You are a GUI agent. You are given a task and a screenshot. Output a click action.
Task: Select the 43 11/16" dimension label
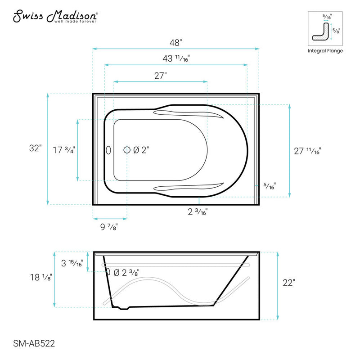click(175, 58)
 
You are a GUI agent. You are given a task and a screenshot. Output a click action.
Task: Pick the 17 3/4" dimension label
click(63, 149)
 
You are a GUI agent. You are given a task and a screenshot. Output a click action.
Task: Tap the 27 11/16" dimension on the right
click(308, 151)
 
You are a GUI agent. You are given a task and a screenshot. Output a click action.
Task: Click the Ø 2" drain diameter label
click(140, 150)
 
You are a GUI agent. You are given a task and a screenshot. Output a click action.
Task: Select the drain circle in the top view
click(127, 150)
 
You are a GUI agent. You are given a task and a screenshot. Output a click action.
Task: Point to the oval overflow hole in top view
click(108, 150)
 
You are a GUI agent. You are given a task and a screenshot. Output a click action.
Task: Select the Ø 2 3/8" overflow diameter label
click(126, 272)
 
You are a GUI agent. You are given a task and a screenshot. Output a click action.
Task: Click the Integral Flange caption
click(325, 51)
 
